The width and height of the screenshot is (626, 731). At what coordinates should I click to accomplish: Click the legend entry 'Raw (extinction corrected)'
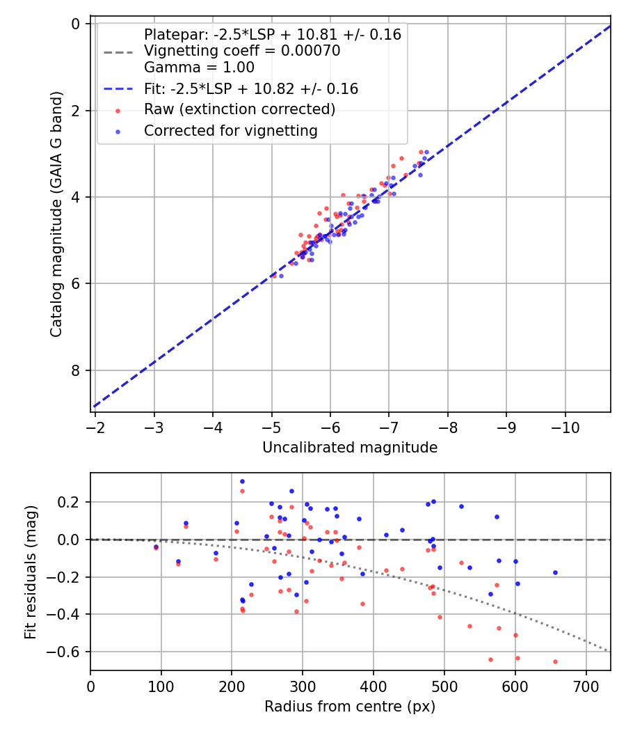click(239, 109)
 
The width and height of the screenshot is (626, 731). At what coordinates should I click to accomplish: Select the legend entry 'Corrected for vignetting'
click(230, 130)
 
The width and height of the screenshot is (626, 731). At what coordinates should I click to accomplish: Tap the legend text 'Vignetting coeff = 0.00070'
click(241, 51)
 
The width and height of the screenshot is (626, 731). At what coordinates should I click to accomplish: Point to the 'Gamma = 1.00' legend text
click(199, 68)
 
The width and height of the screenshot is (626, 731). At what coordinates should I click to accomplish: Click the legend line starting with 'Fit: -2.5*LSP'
click(250, 88)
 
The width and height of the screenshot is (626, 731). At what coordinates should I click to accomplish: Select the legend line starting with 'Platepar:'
click(272, 34)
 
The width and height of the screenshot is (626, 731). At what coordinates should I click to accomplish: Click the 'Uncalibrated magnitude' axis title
click(350, 448)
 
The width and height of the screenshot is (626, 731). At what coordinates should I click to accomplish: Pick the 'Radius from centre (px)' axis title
click(350, 706)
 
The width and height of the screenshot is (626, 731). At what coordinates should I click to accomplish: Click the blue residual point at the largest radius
click(555, 572)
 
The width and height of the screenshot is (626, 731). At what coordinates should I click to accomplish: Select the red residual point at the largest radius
click(555, 661)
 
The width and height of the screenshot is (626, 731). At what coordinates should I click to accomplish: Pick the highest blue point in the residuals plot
click(242, 481)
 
